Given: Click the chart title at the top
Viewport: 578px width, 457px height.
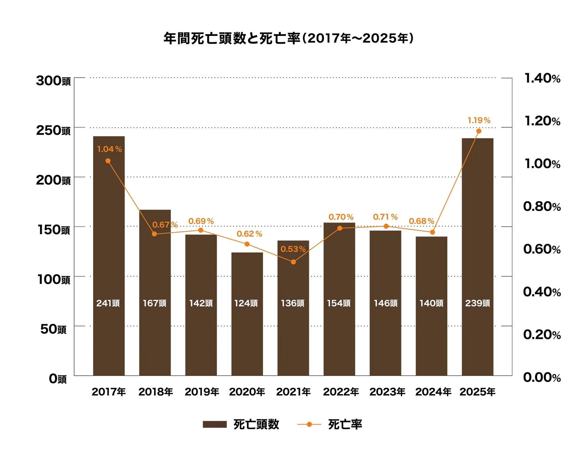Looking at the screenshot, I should coord(288,38).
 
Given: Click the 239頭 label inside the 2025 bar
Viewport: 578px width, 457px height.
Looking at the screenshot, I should coord(477,303).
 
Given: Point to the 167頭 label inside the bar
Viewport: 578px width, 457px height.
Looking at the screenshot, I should coord(154,303).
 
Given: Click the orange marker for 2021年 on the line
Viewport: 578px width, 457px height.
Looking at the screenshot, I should coord(293,262).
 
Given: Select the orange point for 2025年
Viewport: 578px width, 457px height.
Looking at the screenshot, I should coord(479,131).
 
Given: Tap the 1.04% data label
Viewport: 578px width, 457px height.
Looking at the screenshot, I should coord(109,149).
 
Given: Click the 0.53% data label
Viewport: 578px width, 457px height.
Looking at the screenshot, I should coord(293,249).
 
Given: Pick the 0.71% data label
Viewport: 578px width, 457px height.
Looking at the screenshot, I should coord(385,217).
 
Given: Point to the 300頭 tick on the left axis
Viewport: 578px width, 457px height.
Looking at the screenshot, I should coord(53,81).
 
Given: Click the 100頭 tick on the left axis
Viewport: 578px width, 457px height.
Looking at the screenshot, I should coord(53,279).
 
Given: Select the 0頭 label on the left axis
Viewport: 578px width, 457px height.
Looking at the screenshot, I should coord(58,378).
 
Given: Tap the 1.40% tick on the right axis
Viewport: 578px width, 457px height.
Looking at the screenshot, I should coord(542,78).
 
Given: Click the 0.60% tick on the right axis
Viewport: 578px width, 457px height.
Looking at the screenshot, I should coord(542,249).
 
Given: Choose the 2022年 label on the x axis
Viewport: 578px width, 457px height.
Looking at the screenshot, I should coord(341,392).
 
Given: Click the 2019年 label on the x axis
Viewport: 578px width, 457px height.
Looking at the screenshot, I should coord(202,392).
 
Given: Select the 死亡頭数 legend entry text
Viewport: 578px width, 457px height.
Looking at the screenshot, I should coord(256,424).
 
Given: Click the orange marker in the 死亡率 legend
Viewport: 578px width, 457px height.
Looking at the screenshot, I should coord(309,424).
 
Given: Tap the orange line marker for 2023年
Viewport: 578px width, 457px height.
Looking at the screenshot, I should coord(386,226).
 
